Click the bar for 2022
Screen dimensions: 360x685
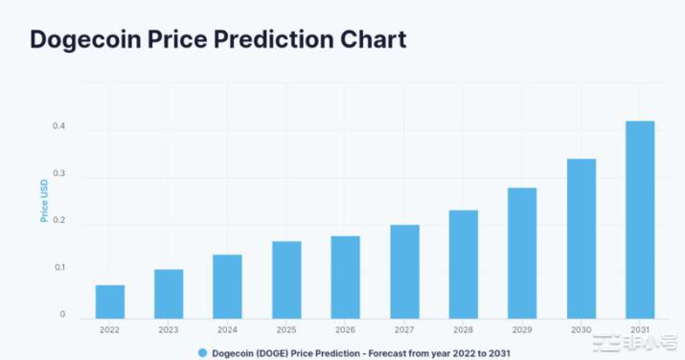(109, 302)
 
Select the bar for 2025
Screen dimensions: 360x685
(286, 280)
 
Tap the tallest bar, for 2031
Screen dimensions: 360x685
(639, 219)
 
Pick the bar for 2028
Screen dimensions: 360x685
(463, 264)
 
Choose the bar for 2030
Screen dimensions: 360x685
(581, 238)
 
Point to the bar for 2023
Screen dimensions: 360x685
(169, 294)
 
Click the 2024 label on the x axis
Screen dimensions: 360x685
(227, 330)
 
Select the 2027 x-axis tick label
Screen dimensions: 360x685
(404, 330)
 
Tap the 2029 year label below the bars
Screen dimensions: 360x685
(521, 330)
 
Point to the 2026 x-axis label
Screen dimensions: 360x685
(345, 330)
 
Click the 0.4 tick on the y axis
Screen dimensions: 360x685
(59, 127)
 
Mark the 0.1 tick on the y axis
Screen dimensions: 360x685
(59, 268)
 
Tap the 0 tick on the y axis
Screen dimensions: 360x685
(62, 314)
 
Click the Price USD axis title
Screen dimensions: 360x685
(44, 203)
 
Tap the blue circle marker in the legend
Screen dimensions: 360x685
(202, 352)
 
